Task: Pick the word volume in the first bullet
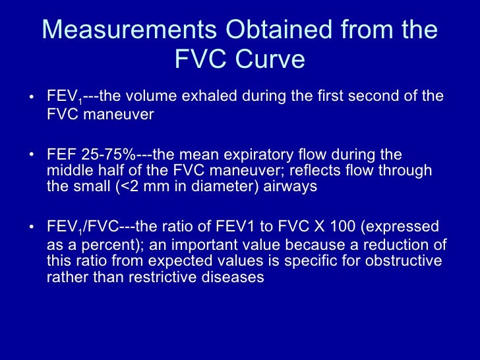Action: click(153, 96)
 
